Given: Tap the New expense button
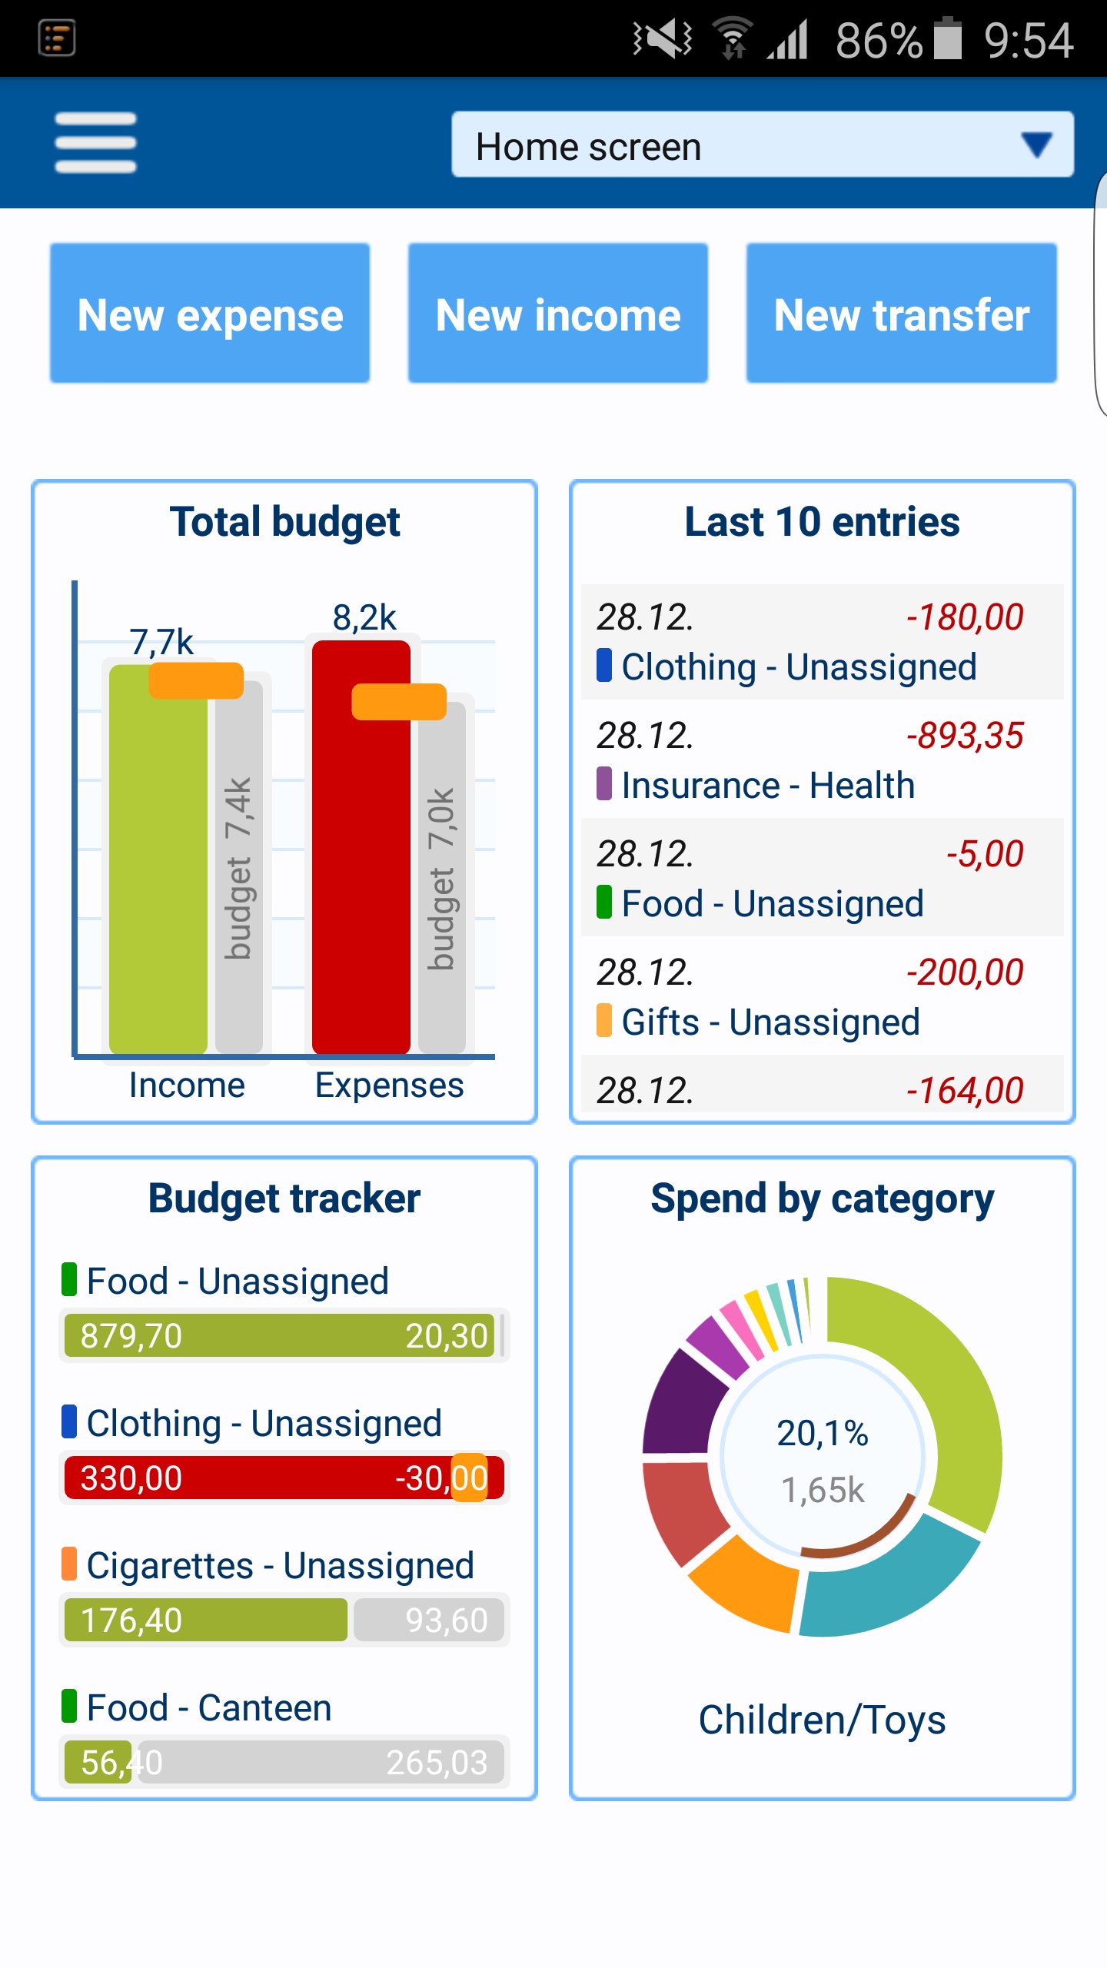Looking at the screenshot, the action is coord(210,313).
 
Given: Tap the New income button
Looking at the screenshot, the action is coord(558,313).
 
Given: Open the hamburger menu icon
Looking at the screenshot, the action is coord(95,142).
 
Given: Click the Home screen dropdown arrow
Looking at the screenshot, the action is coord(1036,144).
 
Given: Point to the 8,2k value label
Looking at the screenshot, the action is coord(364,617).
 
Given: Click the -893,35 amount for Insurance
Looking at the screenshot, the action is coord(965,736).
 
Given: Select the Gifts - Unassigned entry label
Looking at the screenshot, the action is coord(770,1022).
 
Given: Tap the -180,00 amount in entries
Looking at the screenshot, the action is coord(965,617).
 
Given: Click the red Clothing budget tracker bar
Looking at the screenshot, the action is coord(284,1478).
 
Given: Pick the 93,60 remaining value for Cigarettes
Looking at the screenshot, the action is coord(447,1621).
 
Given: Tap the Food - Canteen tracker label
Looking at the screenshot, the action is coord(209,1708).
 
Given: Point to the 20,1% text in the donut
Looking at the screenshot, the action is coord(823,1434).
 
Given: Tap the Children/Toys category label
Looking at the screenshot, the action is coord(823,1720).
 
